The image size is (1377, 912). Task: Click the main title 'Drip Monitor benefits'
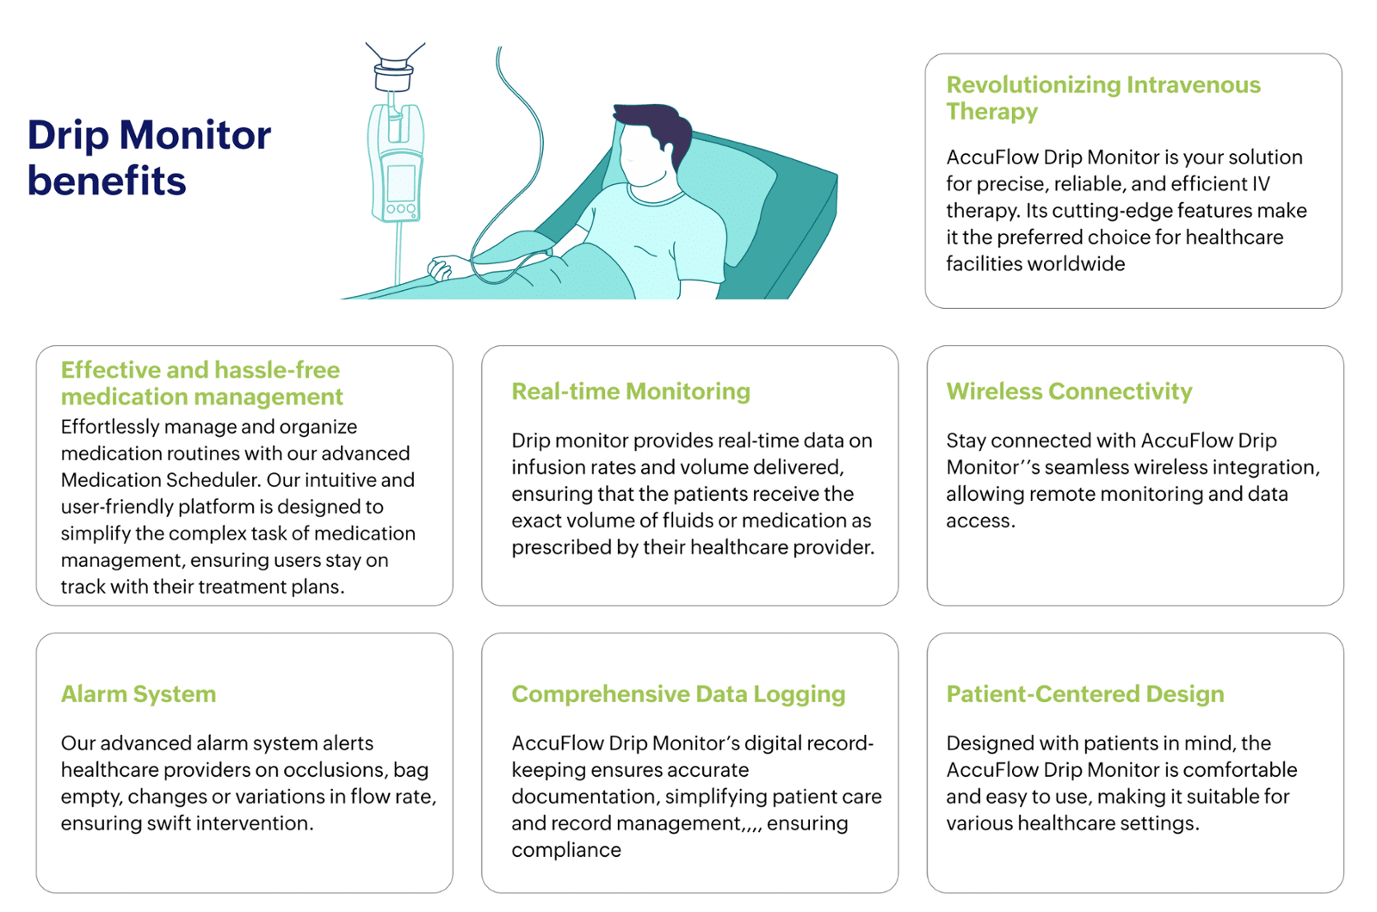(150, 157)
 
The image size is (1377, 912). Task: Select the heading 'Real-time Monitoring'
(631, 391)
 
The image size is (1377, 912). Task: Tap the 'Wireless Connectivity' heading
(1069, 391)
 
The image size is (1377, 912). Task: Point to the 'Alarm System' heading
(139, 694)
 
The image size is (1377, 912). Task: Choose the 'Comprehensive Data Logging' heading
(678, 694)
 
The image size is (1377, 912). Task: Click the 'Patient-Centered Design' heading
(1085, 693)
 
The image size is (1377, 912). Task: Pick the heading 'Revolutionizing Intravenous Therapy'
(1103, 98)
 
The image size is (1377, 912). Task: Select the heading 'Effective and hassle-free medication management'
(201, 384)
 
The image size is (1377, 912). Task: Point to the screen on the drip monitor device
(400, 182)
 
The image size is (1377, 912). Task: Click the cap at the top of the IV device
(393, 75)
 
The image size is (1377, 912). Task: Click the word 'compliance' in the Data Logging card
(566, 851)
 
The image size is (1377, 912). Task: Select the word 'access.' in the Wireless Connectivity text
(980, 521)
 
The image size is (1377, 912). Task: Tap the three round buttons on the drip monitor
(401, 209)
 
